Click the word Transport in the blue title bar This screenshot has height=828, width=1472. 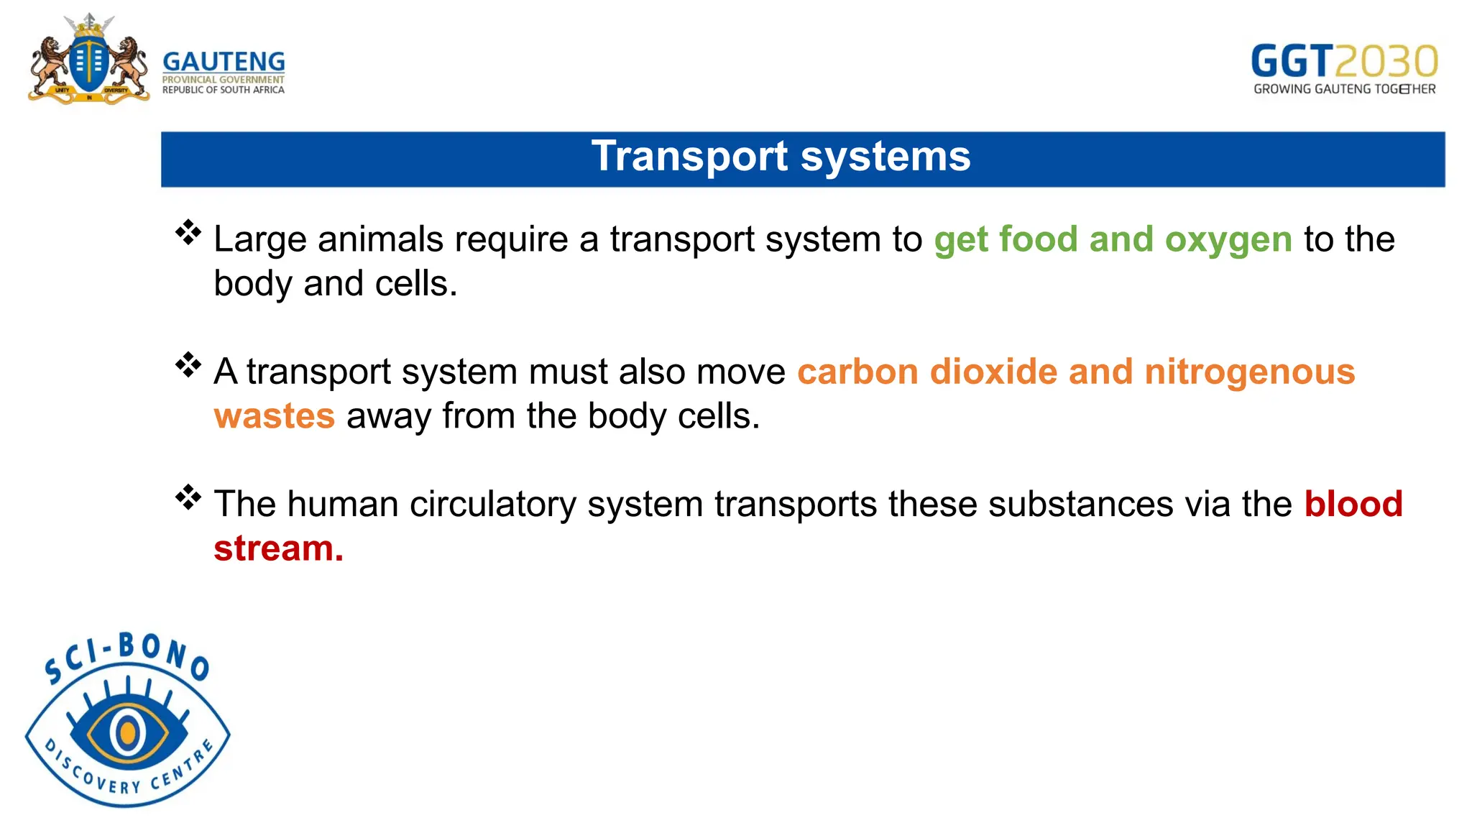pos(689,156)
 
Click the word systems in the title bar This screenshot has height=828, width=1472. pos(885,156)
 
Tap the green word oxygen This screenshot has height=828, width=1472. pos(1228,239)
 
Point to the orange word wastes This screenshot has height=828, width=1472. pos(275,416)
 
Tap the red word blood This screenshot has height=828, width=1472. pos(1353,504)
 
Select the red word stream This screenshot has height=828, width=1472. pos(277,548)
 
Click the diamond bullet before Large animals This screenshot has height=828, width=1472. pos(188,232)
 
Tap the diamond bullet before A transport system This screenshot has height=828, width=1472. pos(188,364)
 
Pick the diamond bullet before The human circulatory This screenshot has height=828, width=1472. pos(188,497)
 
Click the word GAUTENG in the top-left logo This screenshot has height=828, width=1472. pos(224,61)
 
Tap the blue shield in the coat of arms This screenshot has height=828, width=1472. pos(88,64)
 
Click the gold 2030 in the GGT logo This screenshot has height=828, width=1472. pos(1386,62)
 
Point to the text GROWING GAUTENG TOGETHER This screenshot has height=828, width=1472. pos(1344,89)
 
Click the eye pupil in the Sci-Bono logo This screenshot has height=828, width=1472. pos(127,732)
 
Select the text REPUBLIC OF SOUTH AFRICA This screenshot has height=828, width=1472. pos(223,90)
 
